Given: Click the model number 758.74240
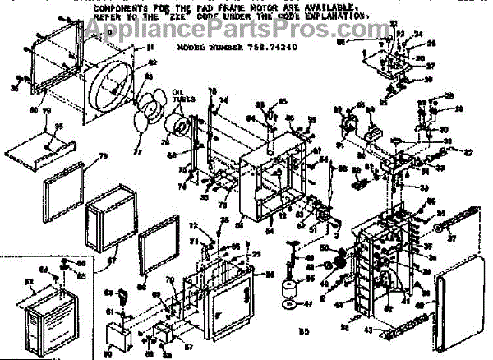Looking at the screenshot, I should (x=274, y=48).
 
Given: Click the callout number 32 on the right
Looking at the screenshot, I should (x=469, y=152).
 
